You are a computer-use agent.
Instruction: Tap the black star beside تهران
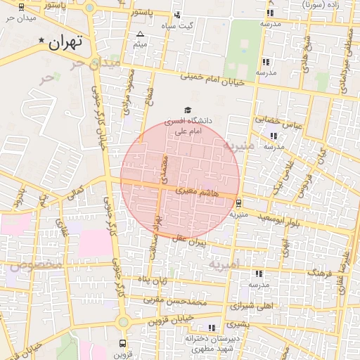point(43,41)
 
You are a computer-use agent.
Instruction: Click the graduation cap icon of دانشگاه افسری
point(187,110)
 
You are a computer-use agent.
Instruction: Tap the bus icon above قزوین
point(123,344)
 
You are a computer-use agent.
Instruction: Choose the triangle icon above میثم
point(140,34)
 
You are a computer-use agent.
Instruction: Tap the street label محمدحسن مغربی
point(176,301)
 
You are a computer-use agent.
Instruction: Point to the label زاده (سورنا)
point(333,6)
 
